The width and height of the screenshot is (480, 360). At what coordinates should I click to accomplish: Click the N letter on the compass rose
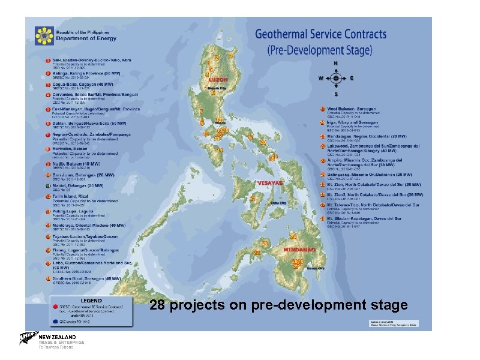[336, 63]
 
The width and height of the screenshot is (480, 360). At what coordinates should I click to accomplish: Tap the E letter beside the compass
[352, 79]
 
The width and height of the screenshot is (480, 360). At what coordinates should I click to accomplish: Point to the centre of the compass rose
[336, 79]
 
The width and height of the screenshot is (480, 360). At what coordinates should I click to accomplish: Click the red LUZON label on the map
[218, 79]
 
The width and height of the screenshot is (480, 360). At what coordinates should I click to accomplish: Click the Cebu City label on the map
[279, 203]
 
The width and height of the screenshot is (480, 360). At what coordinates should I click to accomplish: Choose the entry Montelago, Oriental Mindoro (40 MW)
[88, 226]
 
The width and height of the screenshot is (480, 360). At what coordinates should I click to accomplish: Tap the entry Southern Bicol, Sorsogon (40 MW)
[86, 279]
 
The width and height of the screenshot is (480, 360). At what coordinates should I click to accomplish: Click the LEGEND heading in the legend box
[91, 300]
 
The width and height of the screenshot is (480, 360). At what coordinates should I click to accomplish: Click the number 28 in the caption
[157, 305]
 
